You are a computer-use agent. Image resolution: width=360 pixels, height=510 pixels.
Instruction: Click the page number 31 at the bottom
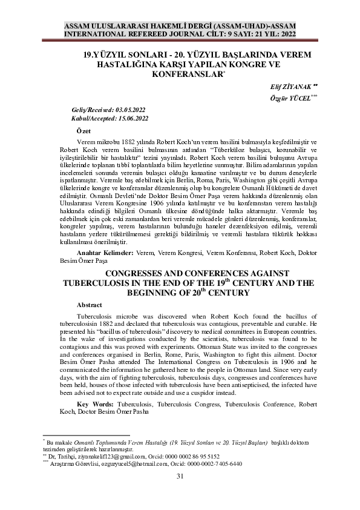180,476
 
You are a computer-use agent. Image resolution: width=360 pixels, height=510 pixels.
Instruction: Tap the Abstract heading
90,305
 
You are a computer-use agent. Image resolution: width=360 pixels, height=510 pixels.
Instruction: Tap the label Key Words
96,403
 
